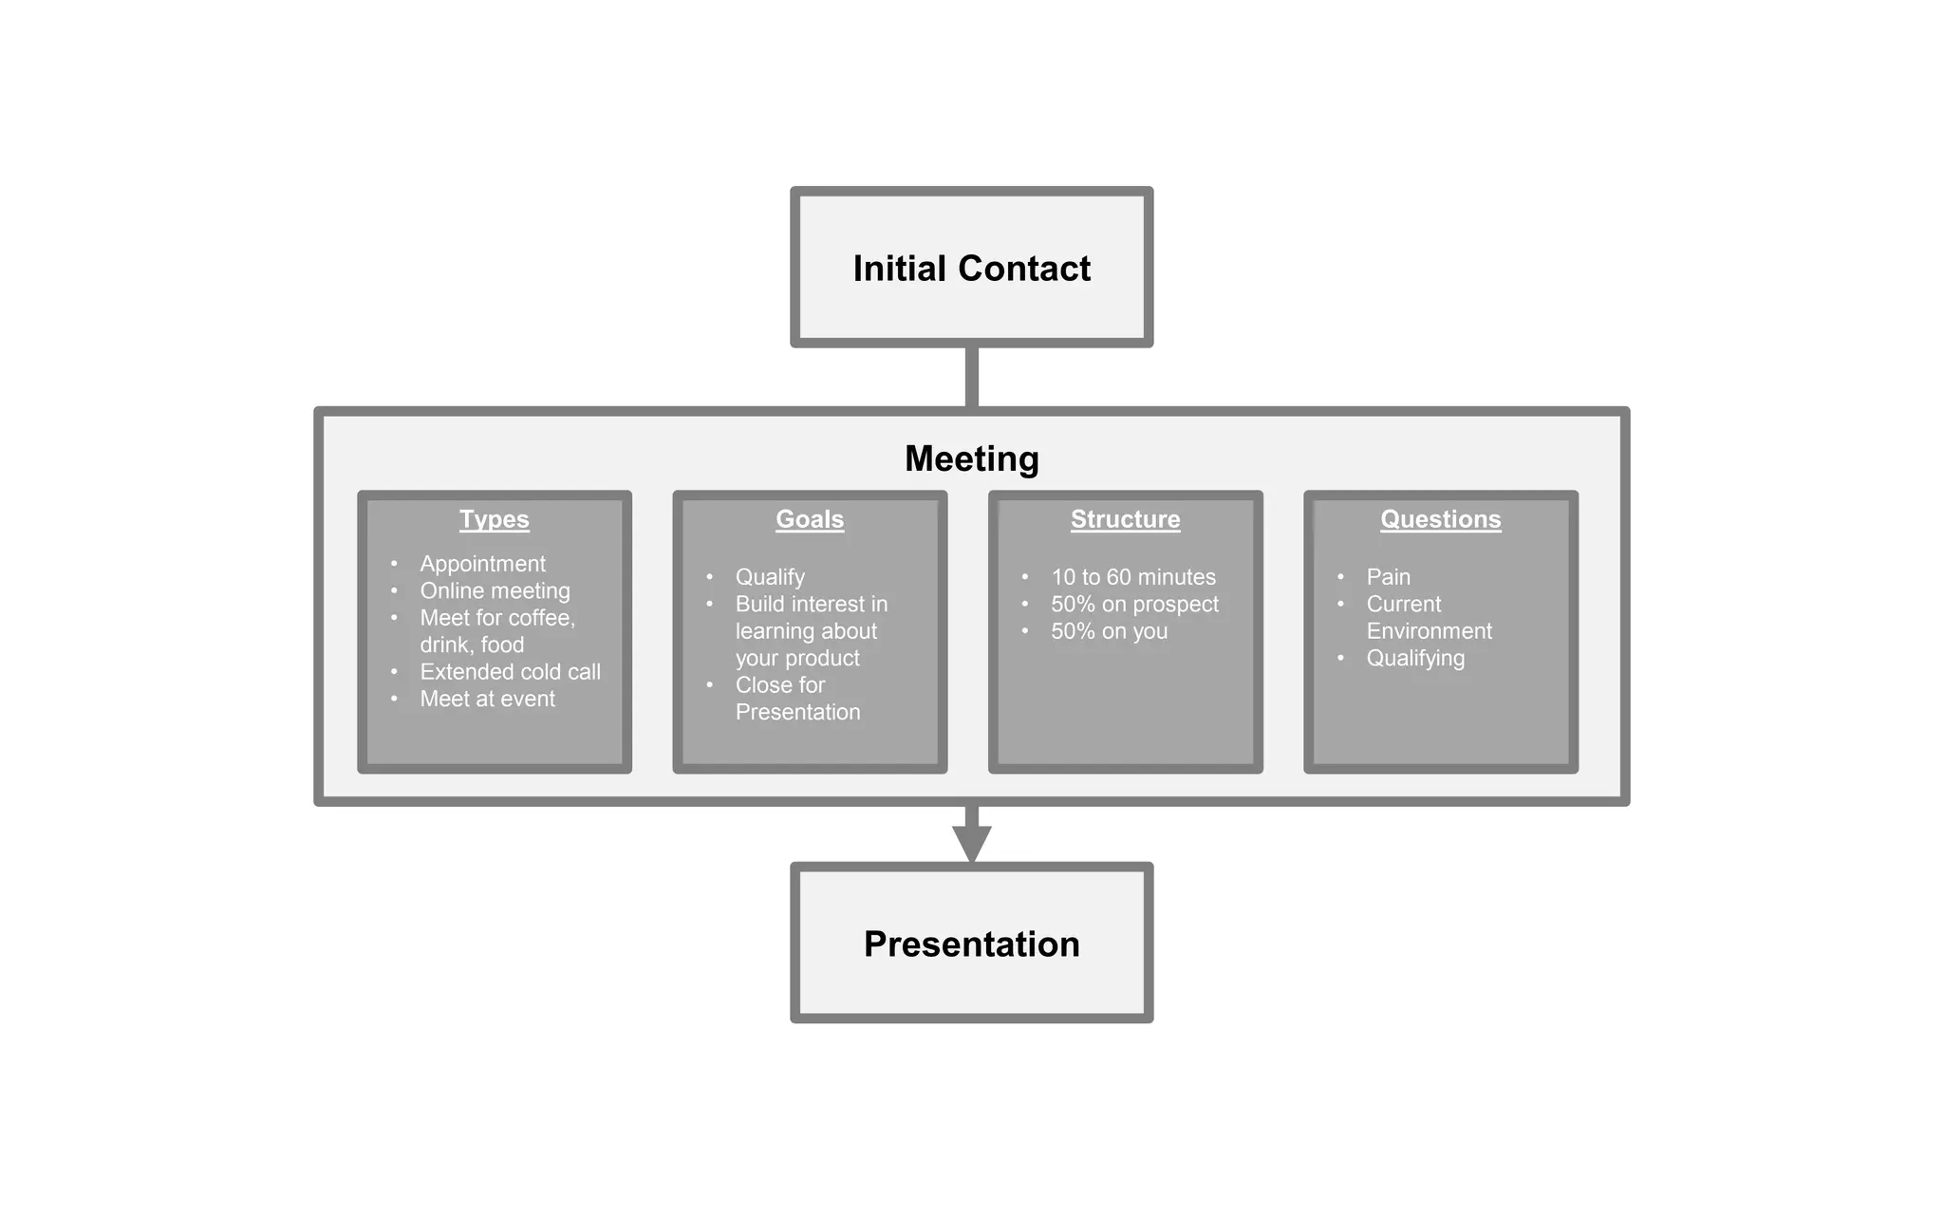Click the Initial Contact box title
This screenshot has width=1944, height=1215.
[x=971, y=269]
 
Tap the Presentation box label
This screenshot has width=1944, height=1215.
[x=971, y=944]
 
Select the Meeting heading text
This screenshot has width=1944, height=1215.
[x=971, y=458]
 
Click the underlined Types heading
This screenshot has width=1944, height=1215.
[x=494, y=519]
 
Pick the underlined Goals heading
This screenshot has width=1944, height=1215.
[x=809, y=519]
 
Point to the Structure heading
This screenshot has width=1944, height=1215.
[x=1125, y=519]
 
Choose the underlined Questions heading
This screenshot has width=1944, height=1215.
[x=1440, y=519]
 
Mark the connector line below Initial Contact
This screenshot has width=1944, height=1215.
[x=971, y=377]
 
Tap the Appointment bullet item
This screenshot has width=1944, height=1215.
[x=482, y=564]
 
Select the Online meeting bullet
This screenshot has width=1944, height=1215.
[x=495, y=590]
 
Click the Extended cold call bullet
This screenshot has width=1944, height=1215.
[x=510, y=672]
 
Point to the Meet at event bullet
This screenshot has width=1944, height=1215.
[x=487, y=699]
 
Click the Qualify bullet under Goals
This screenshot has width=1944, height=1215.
[x=770, y=577]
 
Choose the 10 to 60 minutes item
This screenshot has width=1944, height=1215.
[x=1132, y=577]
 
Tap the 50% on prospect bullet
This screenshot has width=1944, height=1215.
[x=1134, y=604]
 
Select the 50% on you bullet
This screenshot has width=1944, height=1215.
[x=1109, y=631]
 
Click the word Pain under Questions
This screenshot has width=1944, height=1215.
[x=1388, y=577]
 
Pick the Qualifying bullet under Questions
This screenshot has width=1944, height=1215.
[x=1414, y=658]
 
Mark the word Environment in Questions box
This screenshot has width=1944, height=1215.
[x=1429, y=631]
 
